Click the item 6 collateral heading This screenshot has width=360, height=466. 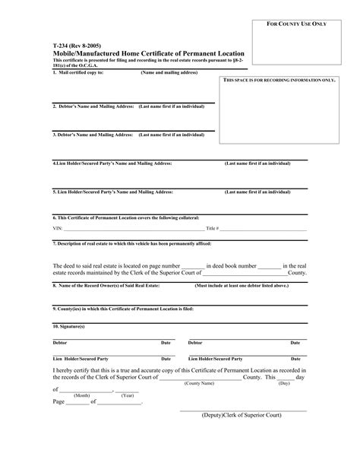121,218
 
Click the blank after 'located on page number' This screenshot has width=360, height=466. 193,266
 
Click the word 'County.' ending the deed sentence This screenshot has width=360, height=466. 297,272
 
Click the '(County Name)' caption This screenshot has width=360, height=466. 199,383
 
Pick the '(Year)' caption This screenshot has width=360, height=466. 128,396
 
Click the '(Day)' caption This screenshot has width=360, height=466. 284,383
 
